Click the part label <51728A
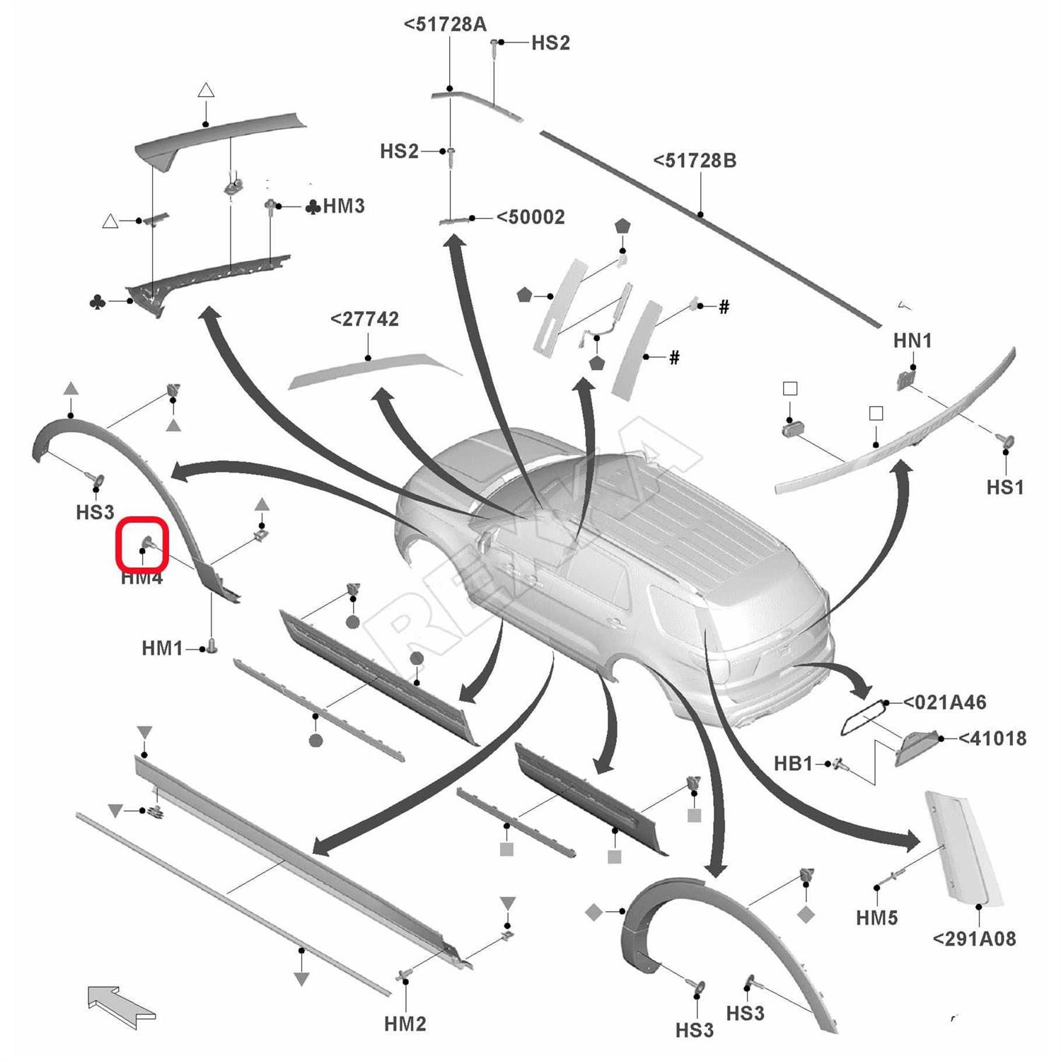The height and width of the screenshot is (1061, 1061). pyautogui.click(x=445, y=24)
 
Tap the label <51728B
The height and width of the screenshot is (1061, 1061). pyautogui.click(x=695, y=161)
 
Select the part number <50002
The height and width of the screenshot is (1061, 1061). pyautogui.click(x=530, y=217)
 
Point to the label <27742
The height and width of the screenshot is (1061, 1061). pyautogui.click(x=364, y=319)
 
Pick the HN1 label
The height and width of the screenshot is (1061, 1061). pyautogui.click(x=912, y=340)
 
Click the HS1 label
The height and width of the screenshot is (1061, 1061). pyautogui.click(x=1004, y=487)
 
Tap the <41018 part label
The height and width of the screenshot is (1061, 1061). pyautogui.click(x=992, y=738)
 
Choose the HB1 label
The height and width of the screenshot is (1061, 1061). pyautogui.click(x=793, y=764)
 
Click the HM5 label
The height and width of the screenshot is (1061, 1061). pyautogui.click(x=876, y=917)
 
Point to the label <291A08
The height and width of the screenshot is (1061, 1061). pyautogui.click(x=974, y=939)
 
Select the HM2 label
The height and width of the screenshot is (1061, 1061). pyautogui.click(x=405, y=1024)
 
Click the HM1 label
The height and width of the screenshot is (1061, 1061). pyautogui.click(x=162, y=648)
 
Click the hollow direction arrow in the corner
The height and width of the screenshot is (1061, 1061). pyautogui.click(x=120, y=1006)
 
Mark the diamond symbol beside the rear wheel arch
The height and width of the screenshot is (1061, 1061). pyautogui.click(x=594, y=912)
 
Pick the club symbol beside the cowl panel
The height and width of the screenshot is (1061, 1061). pyautogui.click(x=98, y=303)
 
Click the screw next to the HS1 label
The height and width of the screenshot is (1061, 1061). pyautogui.click(x=1005, y=441)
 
